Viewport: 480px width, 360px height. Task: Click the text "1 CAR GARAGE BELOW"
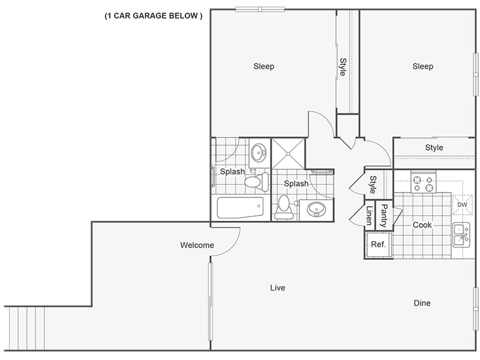pyautogui.click(x=154, y=16)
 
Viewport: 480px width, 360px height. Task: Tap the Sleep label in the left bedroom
pyautogui.click(x=263, y=67)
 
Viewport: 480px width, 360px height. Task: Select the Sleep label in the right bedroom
pyautogui.click(x=422, y=67)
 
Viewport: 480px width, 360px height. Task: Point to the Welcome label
pyautogui.click(x=197, y=245)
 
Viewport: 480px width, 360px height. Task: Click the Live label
pyautogui.click(x=277, y=288)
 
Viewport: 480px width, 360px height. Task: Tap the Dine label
pyautogui.click(x=422, y=303)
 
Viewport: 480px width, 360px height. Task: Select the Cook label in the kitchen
pyautogui.click(x=422, y=225)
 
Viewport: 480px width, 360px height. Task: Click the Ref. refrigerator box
pyautogui.click(x=378, y=245)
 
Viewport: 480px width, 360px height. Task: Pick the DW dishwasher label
pyautogui.click(x=462, y=205)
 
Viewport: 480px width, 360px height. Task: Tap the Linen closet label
pyautogui.click(x=369, y=215)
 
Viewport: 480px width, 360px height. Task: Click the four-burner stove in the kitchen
pyautogui.click(x=422, y=182)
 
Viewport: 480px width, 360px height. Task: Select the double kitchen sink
pyautogui.click(x=461, y=235)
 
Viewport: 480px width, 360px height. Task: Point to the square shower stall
pyautogui.click(x=288, y=154)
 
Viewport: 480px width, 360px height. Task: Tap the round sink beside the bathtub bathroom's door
pyautogui.click(x=259, y=152)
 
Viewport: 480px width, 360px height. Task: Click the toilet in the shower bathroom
pyautogui.click(x=284, y=206)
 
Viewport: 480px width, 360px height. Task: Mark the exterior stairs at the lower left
pyautogui.click(x=25, y=328)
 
